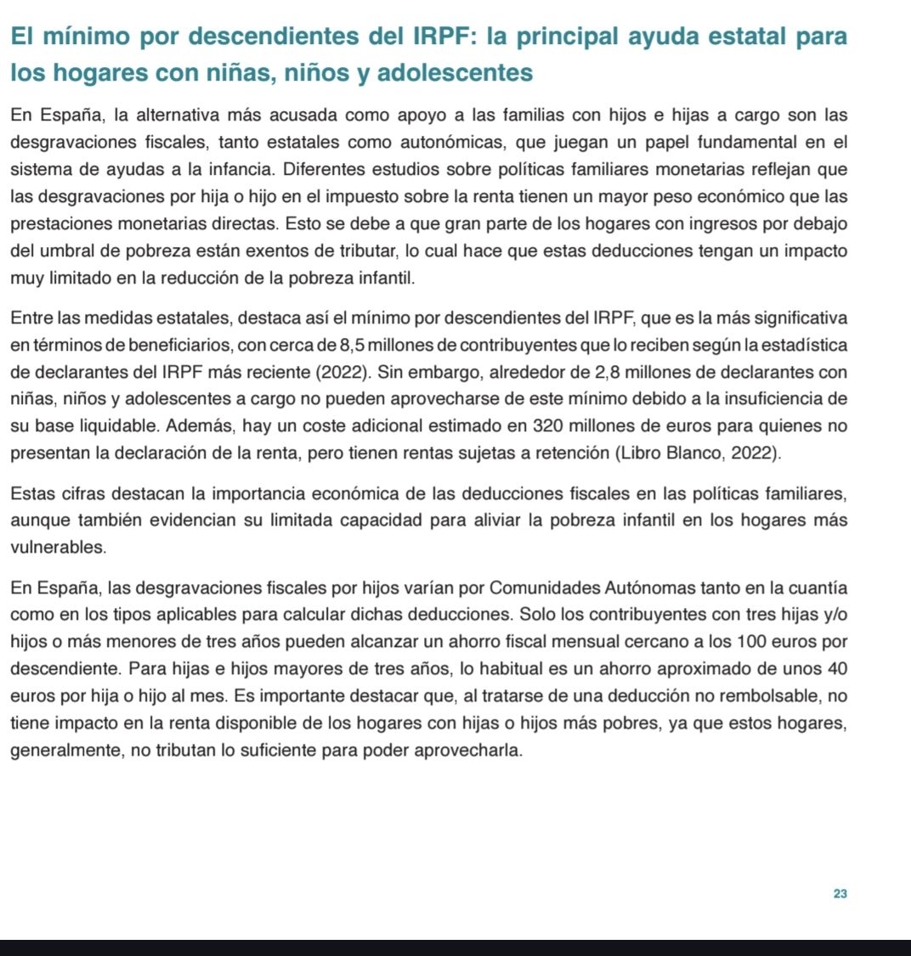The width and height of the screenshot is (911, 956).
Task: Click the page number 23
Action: pos(840,894)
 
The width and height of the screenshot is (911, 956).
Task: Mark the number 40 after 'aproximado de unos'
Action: pos(836,669)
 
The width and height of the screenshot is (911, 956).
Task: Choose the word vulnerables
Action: pos(59,548)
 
